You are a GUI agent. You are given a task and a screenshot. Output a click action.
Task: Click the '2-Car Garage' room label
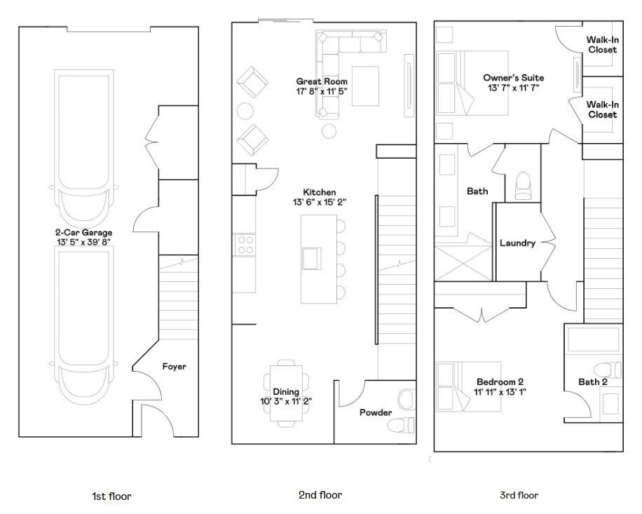83,232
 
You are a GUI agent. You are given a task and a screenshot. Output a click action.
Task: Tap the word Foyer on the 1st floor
174,366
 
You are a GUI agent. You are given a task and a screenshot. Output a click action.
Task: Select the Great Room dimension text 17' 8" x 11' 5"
322,91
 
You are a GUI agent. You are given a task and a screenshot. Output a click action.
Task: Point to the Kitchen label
319,192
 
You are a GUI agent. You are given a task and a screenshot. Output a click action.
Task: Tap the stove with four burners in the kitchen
245,245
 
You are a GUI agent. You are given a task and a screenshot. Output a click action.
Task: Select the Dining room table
286,392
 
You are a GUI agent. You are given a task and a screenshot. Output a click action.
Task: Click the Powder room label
376,412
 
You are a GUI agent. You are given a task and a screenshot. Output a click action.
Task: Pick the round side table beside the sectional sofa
328,130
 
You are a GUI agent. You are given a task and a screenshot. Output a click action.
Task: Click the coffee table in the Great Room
364,85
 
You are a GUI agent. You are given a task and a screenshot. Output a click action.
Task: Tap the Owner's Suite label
513,78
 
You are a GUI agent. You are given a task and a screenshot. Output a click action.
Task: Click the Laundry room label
517,243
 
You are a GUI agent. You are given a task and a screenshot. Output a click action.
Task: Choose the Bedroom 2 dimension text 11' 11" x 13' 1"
500,392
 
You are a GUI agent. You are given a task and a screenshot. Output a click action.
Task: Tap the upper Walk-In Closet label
602,45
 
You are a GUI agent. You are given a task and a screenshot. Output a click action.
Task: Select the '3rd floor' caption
519,495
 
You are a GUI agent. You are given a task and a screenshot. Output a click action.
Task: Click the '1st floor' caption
111,496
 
